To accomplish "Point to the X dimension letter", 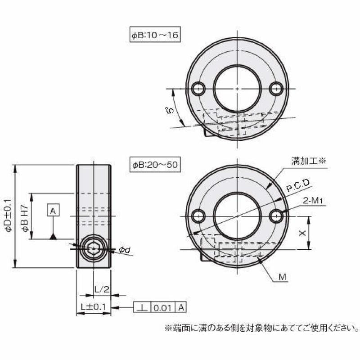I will [303, 233].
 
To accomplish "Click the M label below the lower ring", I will [282, 276].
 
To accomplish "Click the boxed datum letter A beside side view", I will [53, 211].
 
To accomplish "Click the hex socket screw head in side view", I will [93, 246].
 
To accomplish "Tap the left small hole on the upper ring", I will [198, 89].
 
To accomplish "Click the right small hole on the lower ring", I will [277, 216].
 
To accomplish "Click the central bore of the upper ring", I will [236, 88].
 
